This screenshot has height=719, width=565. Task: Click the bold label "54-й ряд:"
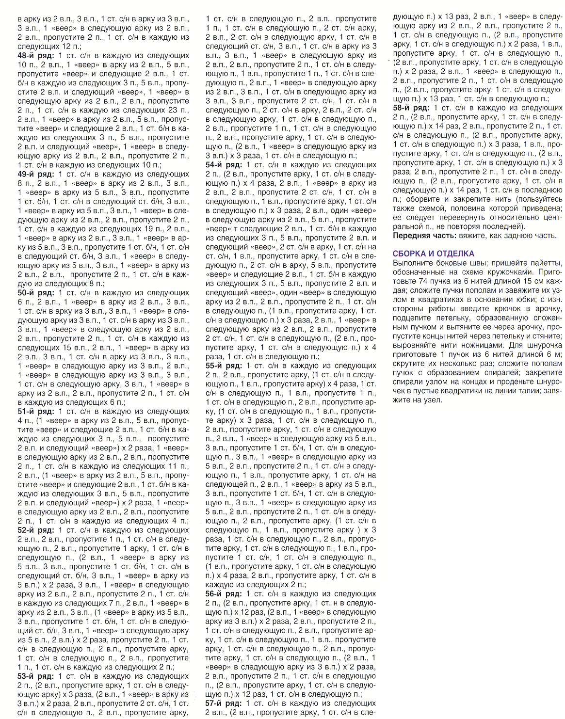point(224,165)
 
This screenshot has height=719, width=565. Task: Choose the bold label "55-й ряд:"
point(224,366)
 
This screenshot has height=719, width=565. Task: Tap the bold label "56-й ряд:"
point(224,594)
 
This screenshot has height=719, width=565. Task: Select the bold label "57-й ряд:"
point(224,703)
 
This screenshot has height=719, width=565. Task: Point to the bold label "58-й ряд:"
point(412,108)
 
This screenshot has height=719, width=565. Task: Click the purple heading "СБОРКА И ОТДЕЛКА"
point(434,254)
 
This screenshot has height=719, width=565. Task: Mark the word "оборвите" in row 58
point(423,199)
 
